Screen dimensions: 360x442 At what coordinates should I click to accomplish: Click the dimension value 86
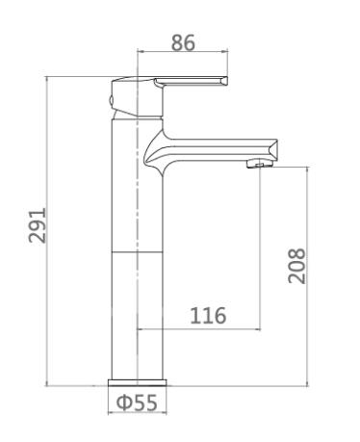pyautogui.click(x=183, y=43)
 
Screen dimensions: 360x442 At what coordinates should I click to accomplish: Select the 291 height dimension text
pyautogui.click(x=38, y=225)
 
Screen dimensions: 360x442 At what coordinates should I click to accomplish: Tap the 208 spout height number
pyautogui.click(x=296, y=266)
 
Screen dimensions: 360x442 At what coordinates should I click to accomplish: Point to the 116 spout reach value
pyautogui.click(x=208, y=316)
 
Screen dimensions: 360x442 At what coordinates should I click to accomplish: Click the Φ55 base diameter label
pyautogui.click(x=137, y=403)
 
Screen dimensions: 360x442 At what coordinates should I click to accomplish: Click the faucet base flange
pyautogui.click(x=138, y=382)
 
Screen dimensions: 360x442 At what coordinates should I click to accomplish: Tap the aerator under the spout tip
pyautogui.click(x=260, y=165)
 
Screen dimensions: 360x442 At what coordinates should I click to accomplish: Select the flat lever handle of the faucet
pyautogui.click(x=191, y=82)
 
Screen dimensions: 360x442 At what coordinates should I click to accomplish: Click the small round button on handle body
pyautogui.click(x=111, y=100)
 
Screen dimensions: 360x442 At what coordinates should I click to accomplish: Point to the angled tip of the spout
pyautogui.click(x=272, y=149)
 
